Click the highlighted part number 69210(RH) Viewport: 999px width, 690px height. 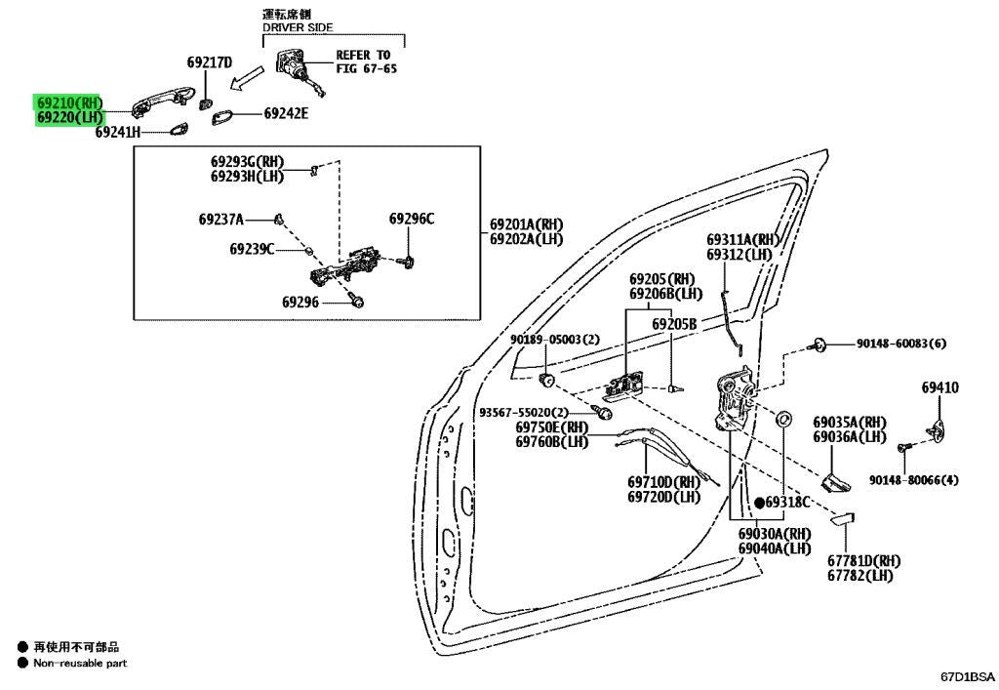pyautogui.click(x=69, y=102)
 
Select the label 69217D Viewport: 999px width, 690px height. pyautogui.click(x=210, y=62)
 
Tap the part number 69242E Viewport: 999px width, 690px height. pyautogui.click(x=286, y=113)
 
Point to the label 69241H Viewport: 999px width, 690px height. pyautogui.click(x=118, y=132)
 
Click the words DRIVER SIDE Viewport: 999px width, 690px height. pyautogui.click(x=298, y=27)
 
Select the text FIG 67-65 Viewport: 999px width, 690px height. pyautogui.click(x=367, y=68)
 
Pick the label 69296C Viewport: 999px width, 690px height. pyautogui.click(x=412, y=220)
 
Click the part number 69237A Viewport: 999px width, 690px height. pyautogui.click(x=221, y=220)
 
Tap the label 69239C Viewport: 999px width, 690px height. pyautogui.click(x=253, y=249)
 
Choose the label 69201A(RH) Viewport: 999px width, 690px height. pyautogui.click(x=526, y=224)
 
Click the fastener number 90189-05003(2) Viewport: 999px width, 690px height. pyautogui.click(x=555, y=340)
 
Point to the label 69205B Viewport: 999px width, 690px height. pyautogui.click(x=674, y=324)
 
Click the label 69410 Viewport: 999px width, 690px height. pyautogui.click(x=939, y=387)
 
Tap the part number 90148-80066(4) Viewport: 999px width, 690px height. pyautogui.click(x=913, y=480)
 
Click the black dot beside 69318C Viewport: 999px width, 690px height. pyautogui.click(x=759, y=503)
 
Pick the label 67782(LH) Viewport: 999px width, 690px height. pyautogui.click(x=860, y=575)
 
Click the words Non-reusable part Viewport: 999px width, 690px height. pyautogui.click(x=80, y=664)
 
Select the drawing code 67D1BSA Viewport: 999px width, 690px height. pyautogui.click(x=967, y=676)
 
